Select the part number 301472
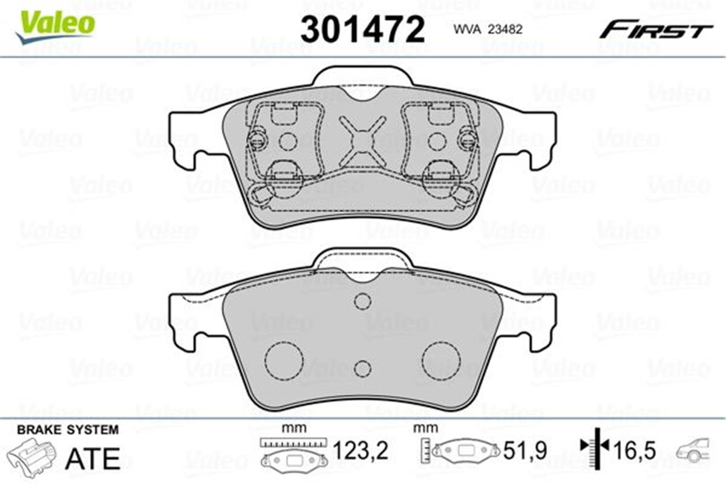(362, 28)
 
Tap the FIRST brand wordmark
(656, 29)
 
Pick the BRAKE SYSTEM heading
(68, 430)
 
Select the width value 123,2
(361, 450)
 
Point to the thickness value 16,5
(632, 450)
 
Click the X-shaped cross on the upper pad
(361, 141)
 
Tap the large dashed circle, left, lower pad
(284, 361)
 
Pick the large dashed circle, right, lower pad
(441, 361)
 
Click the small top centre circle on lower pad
(362, 301)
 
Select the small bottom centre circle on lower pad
(362, 368)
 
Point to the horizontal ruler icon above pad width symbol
(293, 443)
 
